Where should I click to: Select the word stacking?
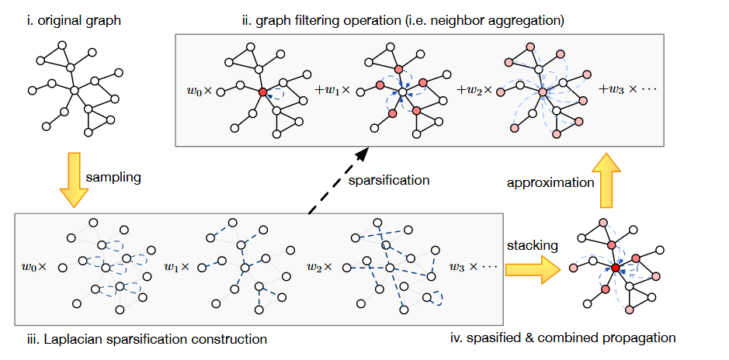click(x=532, y=245)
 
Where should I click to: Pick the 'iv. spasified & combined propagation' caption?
click(x=563, y=338)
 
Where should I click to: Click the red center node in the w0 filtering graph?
click(x=263, y=92)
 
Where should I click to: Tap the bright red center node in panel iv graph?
click(x=615, y=268)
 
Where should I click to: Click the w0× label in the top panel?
click(x=199, y=92)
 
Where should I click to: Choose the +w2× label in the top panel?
click(x=474, y=91)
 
